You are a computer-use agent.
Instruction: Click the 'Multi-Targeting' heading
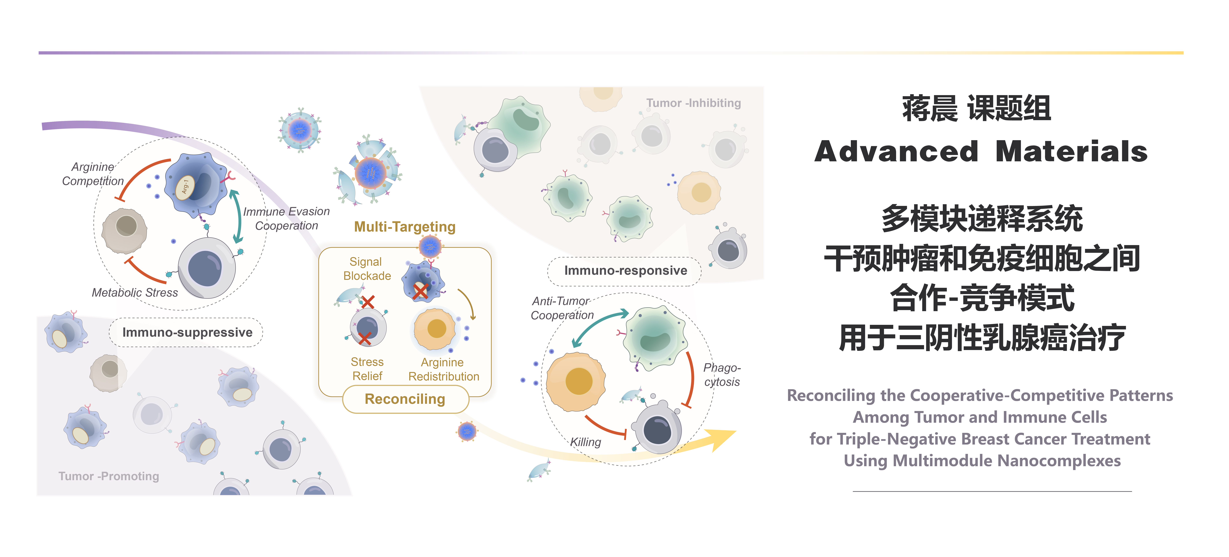(405, 227)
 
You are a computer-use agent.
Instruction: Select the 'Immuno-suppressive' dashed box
(187, 332)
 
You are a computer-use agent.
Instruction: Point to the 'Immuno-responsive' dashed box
(625, 271)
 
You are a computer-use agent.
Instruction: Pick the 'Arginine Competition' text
(93, 174)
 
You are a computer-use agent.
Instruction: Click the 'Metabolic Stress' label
(135, 293)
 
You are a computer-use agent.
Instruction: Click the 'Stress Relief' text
(367, 369)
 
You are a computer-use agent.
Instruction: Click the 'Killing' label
(586, 442)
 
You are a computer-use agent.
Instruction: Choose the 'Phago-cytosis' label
(722, 375)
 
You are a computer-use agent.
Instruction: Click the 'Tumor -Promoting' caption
(109, 476)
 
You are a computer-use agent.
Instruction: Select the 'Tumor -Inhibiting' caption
(694, 103)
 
